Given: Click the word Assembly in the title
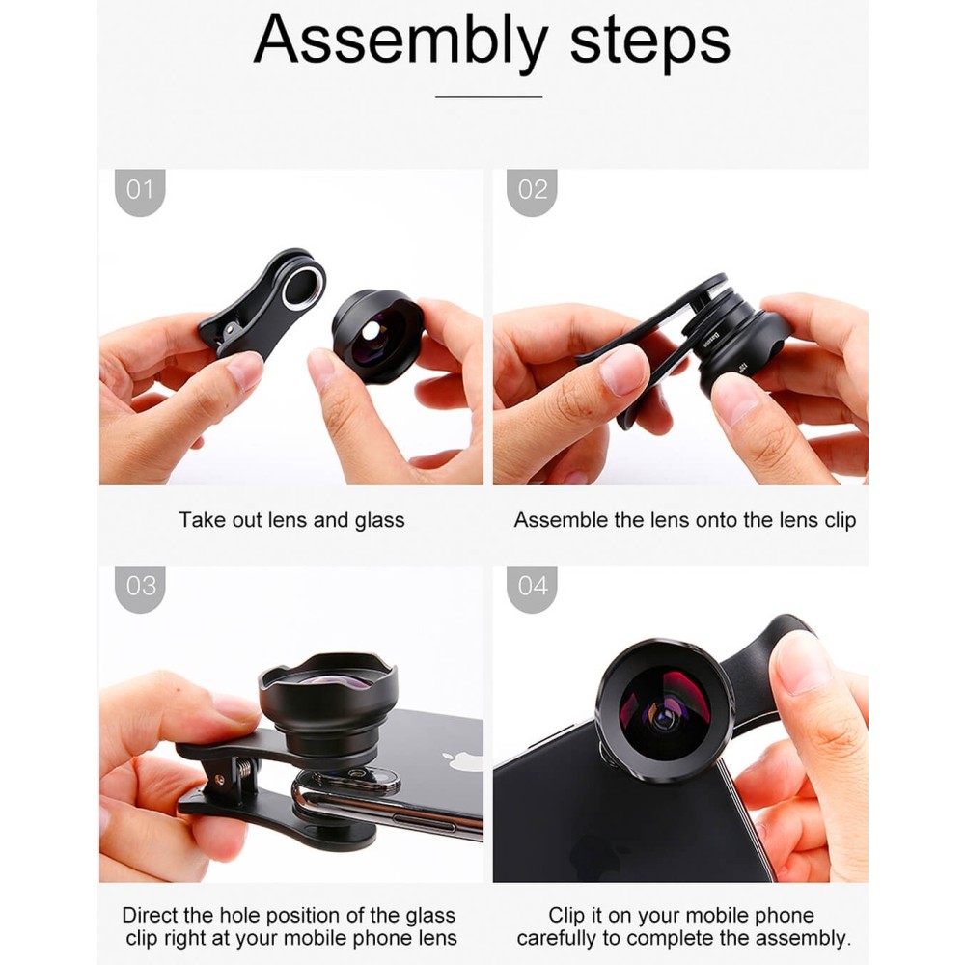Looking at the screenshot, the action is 400,41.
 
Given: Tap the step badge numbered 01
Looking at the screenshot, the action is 140,192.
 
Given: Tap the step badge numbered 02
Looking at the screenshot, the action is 533,192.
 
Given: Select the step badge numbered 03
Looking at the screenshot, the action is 140,589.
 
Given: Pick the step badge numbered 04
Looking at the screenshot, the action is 533,589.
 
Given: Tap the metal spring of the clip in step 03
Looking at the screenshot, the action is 244,771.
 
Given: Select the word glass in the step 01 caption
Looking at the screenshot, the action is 379,521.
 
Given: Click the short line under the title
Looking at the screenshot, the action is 488,96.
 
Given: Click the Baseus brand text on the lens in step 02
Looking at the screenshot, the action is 713,340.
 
